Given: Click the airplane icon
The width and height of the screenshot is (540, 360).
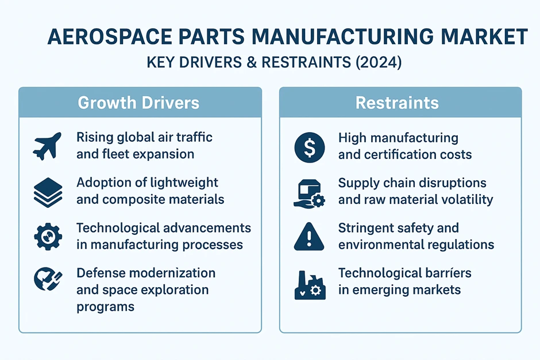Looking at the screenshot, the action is click(x=47, y=146).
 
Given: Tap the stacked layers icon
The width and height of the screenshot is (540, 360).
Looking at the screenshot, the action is click(x=48, y=192).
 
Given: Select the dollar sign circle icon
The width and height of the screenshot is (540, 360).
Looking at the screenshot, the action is click(x=310, y=148).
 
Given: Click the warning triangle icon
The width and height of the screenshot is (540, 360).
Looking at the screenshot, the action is click(x=309, y=237).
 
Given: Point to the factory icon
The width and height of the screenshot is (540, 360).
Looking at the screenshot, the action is click(x=310, y=285).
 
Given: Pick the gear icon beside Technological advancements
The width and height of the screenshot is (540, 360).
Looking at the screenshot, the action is click(x=48, y=237).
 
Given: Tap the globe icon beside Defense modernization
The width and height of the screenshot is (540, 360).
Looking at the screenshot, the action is click(x=48, y=279).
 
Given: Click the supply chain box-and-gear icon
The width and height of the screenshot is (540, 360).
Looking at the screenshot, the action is click(x=309, y=193).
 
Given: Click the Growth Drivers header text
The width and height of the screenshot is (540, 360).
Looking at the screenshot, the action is click(x=138, y=103).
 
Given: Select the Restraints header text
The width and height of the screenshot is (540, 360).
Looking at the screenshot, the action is click(x=397, y=103).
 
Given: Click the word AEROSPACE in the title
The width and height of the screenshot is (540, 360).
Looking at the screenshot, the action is click(x=110, y=37).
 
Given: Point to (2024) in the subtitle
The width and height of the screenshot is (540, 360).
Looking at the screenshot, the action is click(x=379, y=63).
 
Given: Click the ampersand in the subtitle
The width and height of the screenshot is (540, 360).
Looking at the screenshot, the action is click(x=252, y=63).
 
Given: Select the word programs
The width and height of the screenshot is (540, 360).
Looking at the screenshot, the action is click(x=105, y=307).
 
